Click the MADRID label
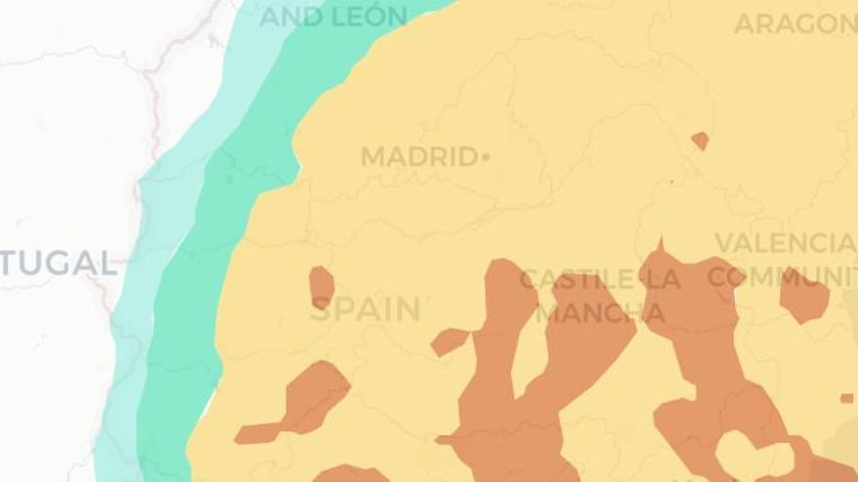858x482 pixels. (x=417, y=157)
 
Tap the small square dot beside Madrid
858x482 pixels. (x=486, y=156)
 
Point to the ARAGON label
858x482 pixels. (x=795, y=23)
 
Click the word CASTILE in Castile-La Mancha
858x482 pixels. (x=576, y=280)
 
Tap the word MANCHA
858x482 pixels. (x=602, y=314)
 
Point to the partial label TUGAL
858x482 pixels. (x=58, y=263)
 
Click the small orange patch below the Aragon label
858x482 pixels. (x=700, y=140)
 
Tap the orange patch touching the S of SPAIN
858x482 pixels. (x=321, y=287)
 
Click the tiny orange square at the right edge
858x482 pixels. (x=846, y=398)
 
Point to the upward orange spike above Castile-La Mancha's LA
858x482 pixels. (x=660, y=250)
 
